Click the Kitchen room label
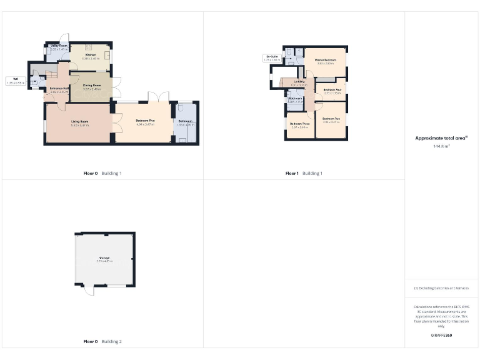point(91,56)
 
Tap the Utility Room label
point(59,47)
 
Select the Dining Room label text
point(92,86)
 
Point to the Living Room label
point(80,122)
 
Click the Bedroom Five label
point(145,122)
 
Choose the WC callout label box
point(16,81)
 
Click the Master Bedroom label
point(326,61)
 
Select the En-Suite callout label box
point(272,59)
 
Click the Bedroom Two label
point(331,120)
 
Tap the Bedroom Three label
point(300,125)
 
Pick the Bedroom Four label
point(332,91)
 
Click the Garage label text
point(104,259)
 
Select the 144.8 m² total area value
point(442,146)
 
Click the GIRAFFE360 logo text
point(442,336)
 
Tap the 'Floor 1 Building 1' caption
point(304,173)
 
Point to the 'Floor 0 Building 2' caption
point(102,342)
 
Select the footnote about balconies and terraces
point(441,288)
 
